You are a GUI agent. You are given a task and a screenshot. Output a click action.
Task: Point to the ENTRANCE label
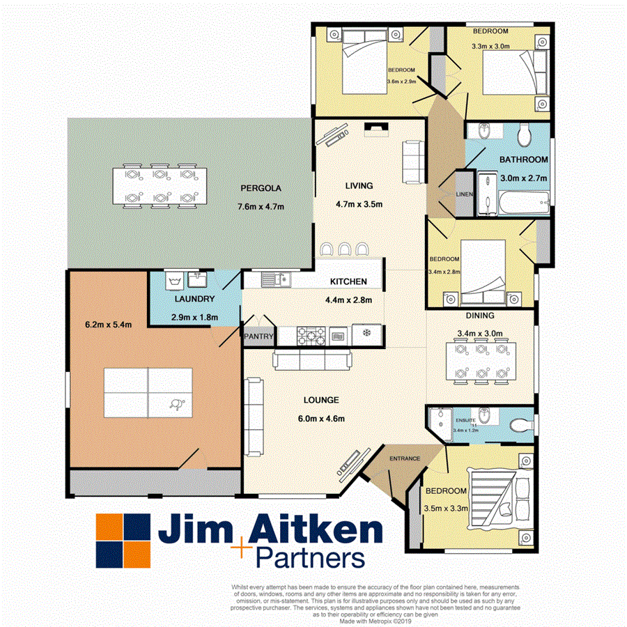tap(404, 458)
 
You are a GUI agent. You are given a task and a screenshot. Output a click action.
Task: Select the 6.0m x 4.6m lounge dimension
tap(321, 419)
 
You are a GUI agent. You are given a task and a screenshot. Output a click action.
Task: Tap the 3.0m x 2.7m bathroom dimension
tap(523, 178)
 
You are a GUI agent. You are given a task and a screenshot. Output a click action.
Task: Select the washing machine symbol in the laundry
tap(174, 281)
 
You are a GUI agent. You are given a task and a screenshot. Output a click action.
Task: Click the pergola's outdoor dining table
tap(160, 186)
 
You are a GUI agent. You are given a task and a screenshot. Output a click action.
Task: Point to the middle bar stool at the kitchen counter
tap(345, 249)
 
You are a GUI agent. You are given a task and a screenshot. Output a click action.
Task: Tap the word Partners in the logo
tap(310, 558)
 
